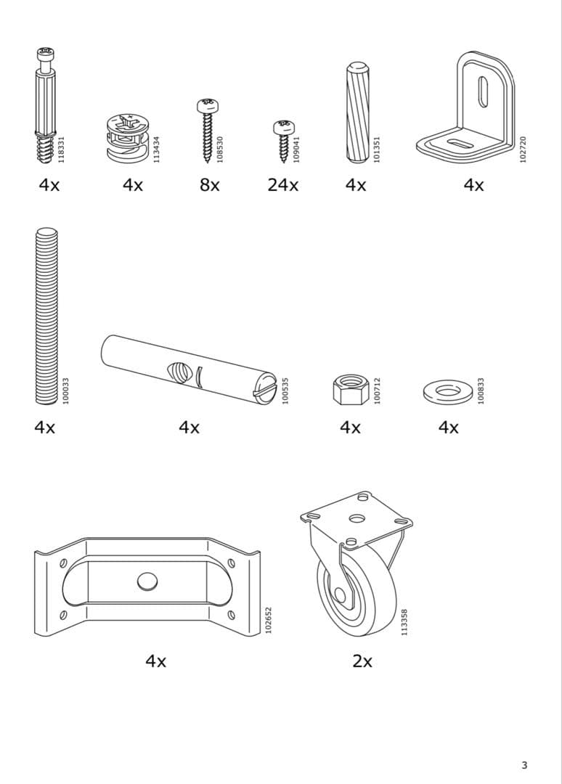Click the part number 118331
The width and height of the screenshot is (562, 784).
[x=62, y=150]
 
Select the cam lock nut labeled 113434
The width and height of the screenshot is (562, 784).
[x=126, y=136]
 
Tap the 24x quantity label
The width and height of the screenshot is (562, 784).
[x=282, y=185]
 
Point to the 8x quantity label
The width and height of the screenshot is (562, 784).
[x=210, y=185]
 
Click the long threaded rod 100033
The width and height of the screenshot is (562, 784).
[x=46, y=316]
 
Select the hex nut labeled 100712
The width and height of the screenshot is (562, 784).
[x=350, y=390]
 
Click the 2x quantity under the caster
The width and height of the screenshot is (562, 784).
[x=362, y=661]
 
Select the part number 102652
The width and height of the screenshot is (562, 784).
[x=268, y=621]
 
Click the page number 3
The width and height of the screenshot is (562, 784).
[x=524, y=764]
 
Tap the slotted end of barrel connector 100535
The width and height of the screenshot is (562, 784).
[x=264, y=388]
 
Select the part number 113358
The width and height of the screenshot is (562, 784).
[x=404, y=622]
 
